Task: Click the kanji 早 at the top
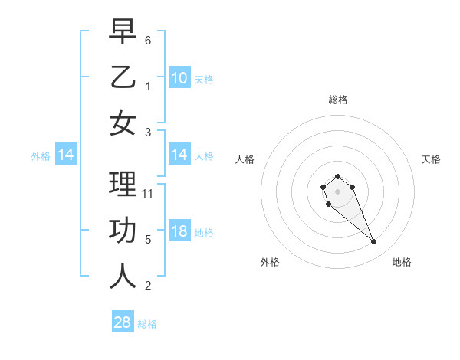click(x=123, y=33)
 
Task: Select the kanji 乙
click(x=123, y=77)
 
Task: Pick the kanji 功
click(x=123, y=231)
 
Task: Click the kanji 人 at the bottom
click(x=123, y=277)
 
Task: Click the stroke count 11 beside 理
click(x=149, y=193)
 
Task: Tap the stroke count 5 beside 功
click(x=149, y=238)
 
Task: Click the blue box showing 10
click(x=179, y=77)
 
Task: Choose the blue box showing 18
click(x=179, y=231)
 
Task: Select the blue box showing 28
click(x=123, y=322)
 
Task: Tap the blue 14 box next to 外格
click(x=66, y=155)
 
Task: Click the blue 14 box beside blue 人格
click(x=179, y=155)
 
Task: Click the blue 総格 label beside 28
click(x=147, y=323)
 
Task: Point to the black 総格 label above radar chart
click(x=337, y=100)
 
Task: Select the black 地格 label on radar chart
click(x=402, y=262)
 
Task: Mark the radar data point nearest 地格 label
click(x=374, y=242)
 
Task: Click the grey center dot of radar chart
click(x=337, y=191)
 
